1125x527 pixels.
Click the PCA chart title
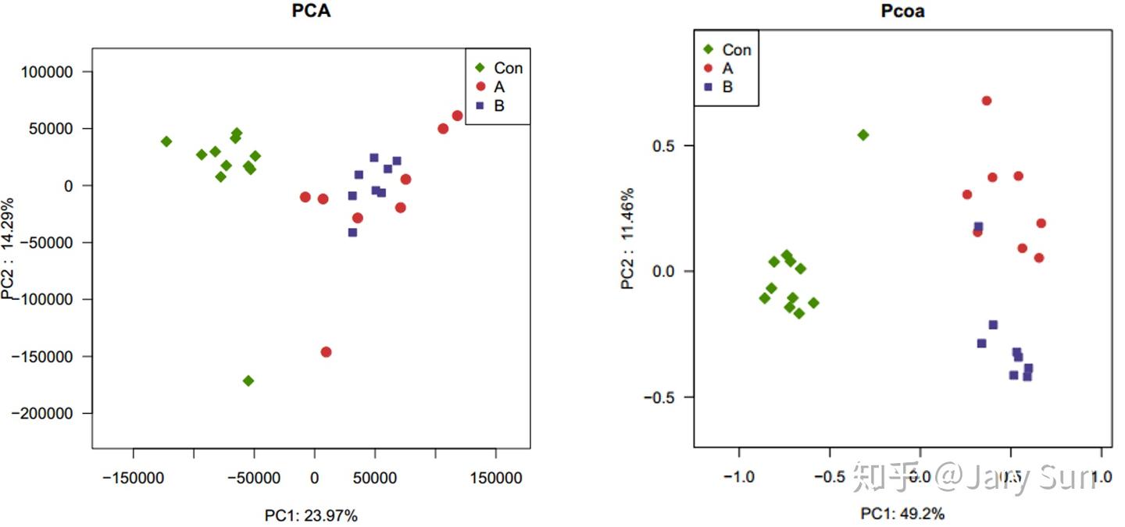click(x=311, y=12)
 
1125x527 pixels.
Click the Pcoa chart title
click(x=902, y=12)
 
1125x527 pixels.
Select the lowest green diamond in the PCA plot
click(x=248, y=381)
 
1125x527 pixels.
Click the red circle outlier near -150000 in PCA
click(x=326, y=352)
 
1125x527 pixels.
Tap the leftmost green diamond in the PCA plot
click(x=166, y=141)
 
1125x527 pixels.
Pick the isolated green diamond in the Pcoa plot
click(x=863, y=135)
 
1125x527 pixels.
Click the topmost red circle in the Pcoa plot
click(x=987, y=101)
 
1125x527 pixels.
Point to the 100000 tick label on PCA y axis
click(x=45, y=72)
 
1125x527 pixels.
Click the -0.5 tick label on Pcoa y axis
click(x=661, y=397)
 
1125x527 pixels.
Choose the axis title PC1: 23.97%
click(x=311, y=515)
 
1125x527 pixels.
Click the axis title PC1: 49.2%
click(x=902, y=514)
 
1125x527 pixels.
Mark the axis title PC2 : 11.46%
click(x=628, y=238)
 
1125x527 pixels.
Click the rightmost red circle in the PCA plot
click(x=458, y=116)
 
